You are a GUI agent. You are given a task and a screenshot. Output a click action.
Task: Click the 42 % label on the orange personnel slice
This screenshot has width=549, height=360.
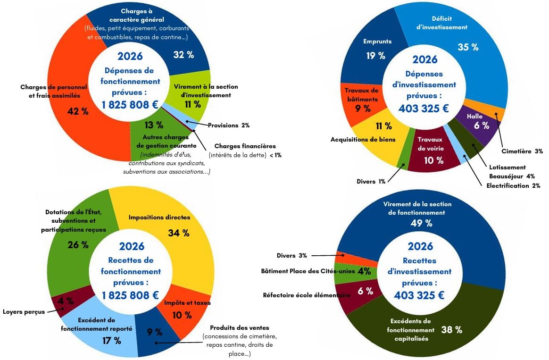(x=78, y=111)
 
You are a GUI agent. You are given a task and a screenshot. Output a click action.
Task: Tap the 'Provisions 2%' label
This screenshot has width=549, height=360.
(x=229, y=125)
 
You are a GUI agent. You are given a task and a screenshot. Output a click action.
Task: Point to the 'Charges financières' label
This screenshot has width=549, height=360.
(x=245, y=146)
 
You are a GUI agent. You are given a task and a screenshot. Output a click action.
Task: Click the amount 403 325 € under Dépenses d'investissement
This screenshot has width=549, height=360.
(x=424, y=109)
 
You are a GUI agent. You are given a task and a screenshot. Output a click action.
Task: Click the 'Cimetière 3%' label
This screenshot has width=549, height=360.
(x=522, y=151)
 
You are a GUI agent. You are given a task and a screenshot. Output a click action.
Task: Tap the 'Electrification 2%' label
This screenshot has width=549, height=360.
(x=513, y=185)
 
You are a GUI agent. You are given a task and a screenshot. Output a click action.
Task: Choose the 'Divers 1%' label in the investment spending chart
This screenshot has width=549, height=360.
(x=371, y=181)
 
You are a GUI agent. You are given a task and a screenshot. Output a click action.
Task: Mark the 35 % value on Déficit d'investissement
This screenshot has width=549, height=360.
(x=468, y=47)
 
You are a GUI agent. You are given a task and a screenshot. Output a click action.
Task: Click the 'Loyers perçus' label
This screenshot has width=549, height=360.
(x=24, y=312)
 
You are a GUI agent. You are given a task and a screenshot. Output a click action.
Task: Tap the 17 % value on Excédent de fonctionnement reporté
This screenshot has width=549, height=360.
(x=112, y=340)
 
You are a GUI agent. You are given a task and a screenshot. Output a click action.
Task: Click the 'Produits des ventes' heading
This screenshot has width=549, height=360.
(x=240, y=328)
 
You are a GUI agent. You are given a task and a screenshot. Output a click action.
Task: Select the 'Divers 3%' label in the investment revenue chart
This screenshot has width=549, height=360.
(x=291, y=256)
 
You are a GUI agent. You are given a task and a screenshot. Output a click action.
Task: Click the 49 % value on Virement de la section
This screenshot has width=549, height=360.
(x=422, y=223)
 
